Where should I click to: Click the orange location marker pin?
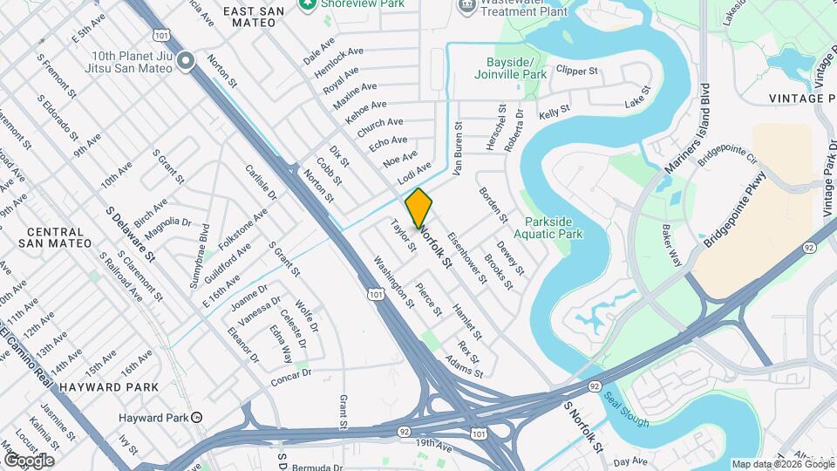coord(419,208)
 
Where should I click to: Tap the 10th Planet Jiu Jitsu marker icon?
coord(185,61)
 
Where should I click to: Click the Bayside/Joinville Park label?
coord(517,69)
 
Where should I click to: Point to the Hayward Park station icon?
coord(197,417)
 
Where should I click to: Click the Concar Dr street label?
coord(291,377)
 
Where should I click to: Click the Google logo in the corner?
coord(29,460)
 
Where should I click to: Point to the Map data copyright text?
coord(782,464)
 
